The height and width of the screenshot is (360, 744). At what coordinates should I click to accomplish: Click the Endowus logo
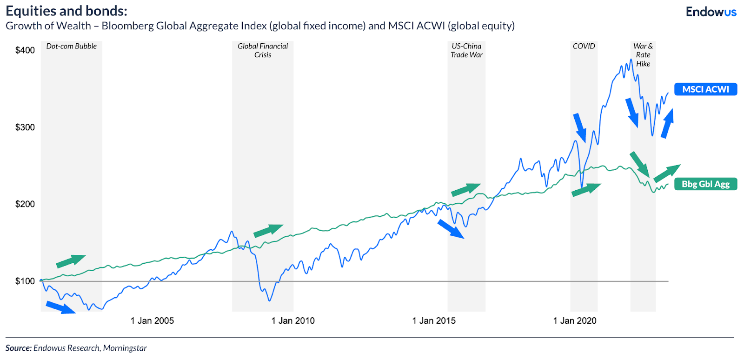point(711,12)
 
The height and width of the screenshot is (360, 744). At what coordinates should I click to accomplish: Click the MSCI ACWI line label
point(705,89)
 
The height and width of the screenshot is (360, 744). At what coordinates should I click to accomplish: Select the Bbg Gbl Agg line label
point(705,184)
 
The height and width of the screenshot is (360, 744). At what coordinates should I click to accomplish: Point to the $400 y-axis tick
point(25,50)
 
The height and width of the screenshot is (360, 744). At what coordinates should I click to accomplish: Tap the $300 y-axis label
point(25,127)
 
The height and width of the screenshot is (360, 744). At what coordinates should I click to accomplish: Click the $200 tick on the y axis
point(25,204)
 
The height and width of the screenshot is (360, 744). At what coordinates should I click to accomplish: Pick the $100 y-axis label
point(25,281)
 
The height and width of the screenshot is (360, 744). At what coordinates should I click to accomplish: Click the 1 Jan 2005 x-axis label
point(152,321)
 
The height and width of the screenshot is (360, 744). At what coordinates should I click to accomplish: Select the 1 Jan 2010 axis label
point(293,321)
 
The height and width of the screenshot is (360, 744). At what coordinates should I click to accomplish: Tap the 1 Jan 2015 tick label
point(434,321)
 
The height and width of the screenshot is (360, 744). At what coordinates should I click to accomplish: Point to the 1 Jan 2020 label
point(575,321)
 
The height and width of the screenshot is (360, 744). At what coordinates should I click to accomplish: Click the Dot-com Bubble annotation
point(72,47)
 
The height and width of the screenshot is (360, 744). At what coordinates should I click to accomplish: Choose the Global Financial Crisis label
point(263,50)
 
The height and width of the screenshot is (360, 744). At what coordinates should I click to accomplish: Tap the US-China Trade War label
point(466,50)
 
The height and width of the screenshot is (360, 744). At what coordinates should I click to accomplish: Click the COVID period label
point(584,47)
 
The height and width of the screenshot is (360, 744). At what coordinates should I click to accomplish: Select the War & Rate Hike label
point(643,55)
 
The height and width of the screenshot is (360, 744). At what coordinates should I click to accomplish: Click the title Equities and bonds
point(66,11)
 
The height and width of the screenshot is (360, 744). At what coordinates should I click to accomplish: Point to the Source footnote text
point(76,348)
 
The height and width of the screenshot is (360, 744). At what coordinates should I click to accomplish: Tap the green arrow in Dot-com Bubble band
point(71,261)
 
